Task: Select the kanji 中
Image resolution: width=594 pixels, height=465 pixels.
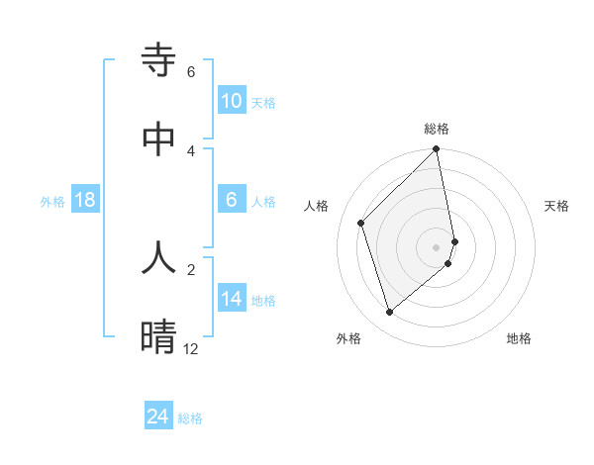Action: tap(159, 140)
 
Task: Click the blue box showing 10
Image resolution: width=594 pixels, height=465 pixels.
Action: tap(232, 101)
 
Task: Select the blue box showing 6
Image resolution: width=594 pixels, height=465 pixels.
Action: tap(232, 200)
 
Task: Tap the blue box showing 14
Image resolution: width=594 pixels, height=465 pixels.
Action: tap(232, 299)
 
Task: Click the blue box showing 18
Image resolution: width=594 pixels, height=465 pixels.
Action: tap(85, 200)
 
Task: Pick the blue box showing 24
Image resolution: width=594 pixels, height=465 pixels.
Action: tap(158, 417)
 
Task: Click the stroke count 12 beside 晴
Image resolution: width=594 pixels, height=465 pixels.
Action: tap(191, 349)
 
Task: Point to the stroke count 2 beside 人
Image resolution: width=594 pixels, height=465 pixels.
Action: tap(191, 269)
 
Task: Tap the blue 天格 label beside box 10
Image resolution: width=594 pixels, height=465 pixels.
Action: tap(262, 103)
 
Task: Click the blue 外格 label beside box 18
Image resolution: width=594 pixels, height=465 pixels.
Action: tap(52, 202)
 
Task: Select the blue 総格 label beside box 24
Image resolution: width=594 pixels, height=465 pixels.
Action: tap(190, 418)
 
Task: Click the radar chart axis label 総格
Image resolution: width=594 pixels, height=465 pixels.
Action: tap(437, 129)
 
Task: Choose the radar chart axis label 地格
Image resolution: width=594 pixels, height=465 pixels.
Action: tap(519, 338)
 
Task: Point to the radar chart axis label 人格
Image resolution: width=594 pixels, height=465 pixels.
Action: tap(316, 206)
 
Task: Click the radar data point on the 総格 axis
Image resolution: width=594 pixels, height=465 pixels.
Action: tap(437, 150)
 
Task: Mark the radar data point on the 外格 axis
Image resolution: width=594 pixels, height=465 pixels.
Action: tap(390, 313)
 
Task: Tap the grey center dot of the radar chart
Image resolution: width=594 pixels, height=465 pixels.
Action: tap(437, 246)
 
